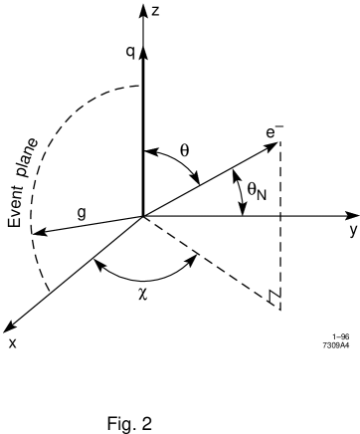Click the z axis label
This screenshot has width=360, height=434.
(x=156, y=11)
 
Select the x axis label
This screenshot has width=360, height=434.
(x=13, y=342)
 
